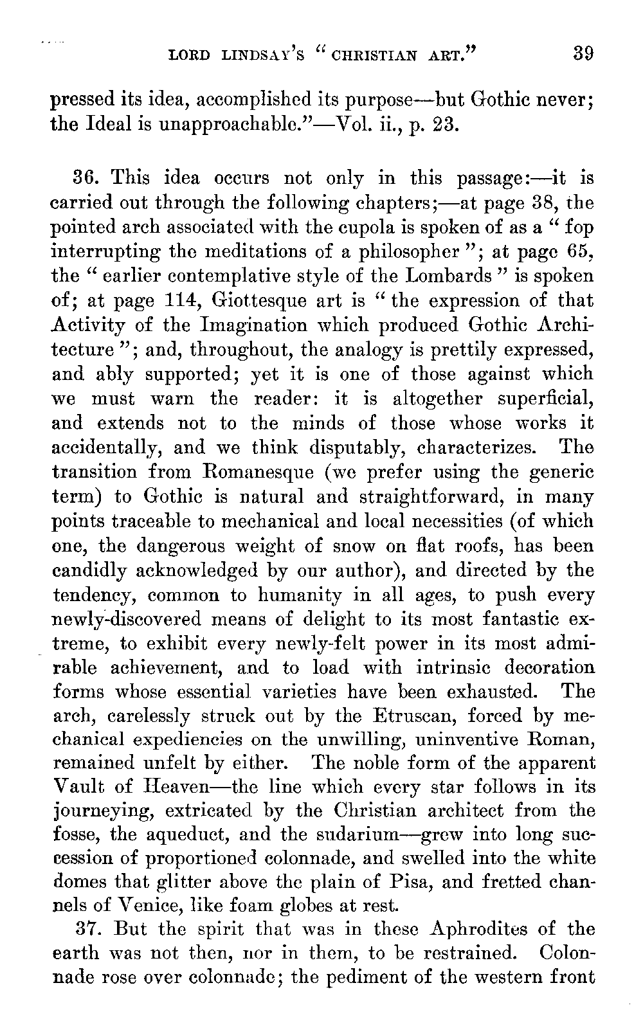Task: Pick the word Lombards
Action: (x=449, y=276)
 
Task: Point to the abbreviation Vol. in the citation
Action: (x=345, y=123)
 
